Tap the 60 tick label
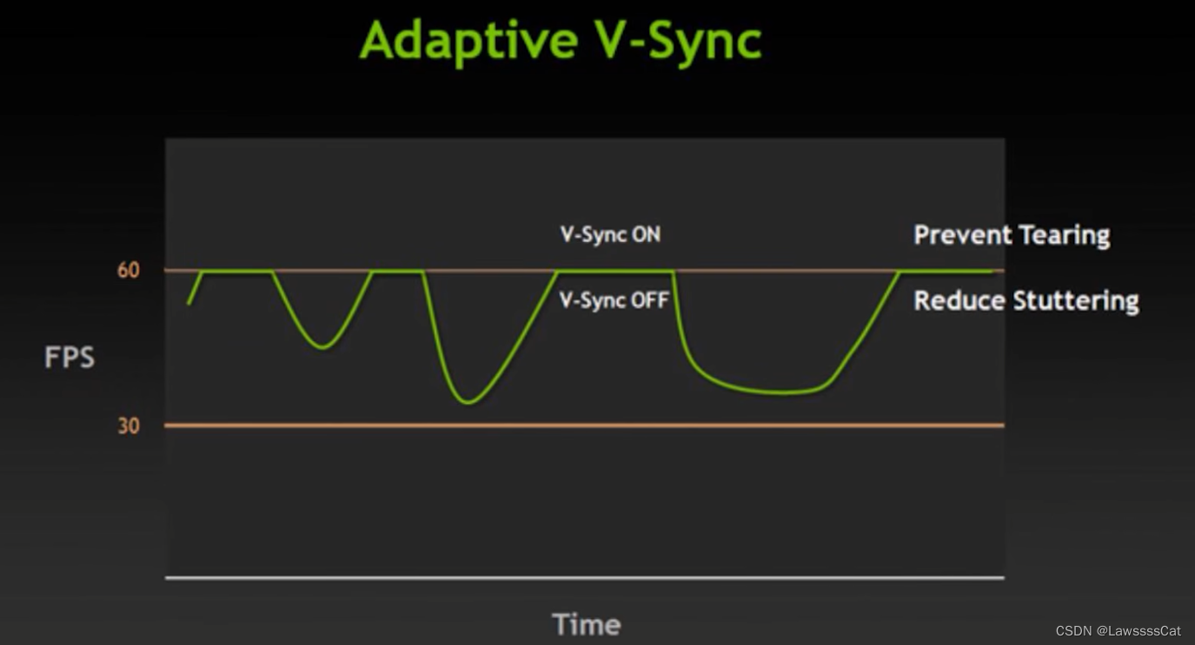[x=129, y=270]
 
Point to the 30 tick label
[x=129, y=425]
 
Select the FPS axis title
[x=70, y=357]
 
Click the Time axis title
[x=587, y=624]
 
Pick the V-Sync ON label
[x=610, y=234]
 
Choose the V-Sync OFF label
[x=614, y=300]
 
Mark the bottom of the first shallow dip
[x=322, y=347]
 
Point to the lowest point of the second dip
[x=468, y=402]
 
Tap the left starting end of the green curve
[x=189, y=303]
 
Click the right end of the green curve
[x=991, y=271]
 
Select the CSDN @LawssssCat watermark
[x=1118, y=631]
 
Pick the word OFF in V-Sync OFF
[x=650, y=300]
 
